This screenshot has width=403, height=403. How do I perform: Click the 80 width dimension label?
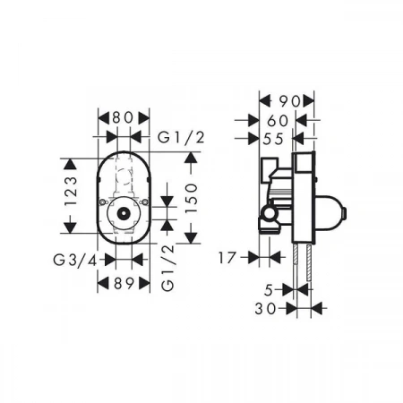[123, 118]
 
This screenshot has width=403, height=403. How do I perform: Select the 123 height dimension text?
[71, 191]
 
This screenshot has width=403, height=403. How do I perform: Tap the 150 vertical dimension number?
[191, 198]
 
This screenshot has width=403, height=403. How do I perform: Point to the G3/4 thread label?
[75, 261]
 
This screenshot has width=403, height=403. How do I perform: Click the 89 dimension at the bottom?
[124, 283]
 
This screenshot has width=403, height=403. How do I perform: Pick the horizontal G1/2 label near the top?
[181, 138]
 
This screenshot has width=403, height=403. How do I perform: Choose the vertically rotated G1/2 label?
[167, 268]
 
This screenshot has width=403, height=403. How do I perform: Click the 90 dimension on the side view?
[290, 101]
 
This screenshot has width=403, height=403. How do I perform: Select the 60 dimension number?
[278, 121]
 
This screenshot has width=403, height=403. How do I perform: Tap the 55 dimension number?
[273, 139]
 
